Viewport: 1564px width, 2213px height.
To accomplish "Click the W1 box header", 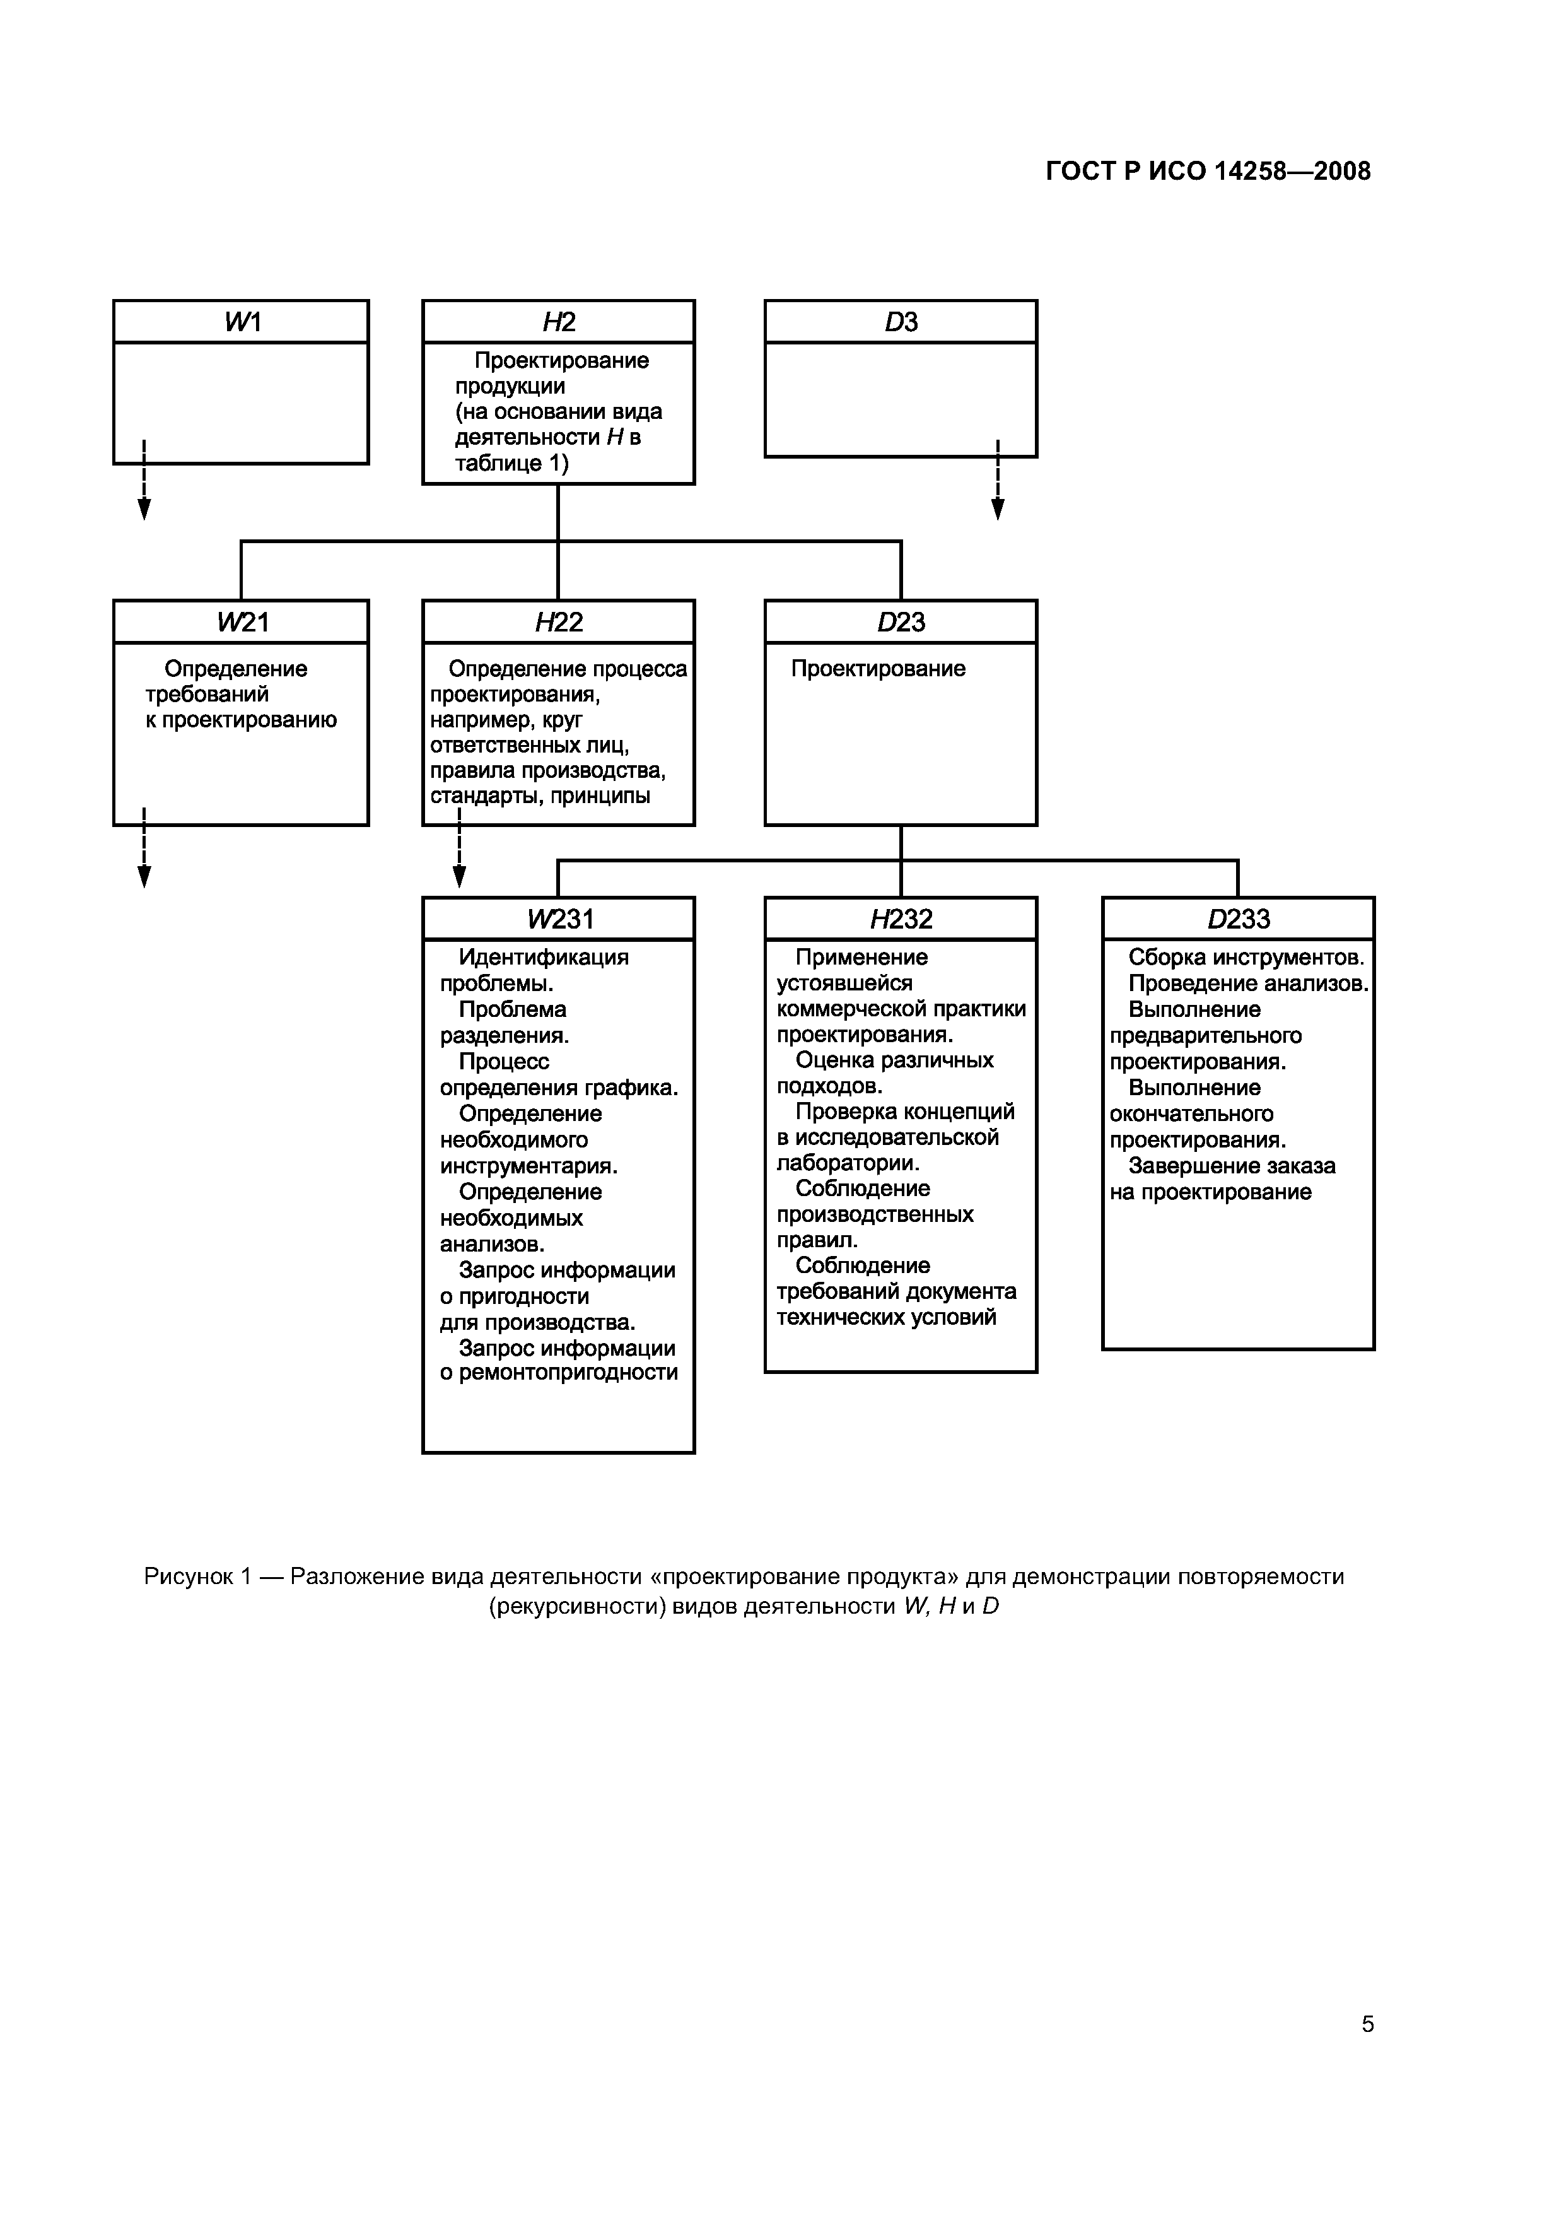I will (x=242, y=322).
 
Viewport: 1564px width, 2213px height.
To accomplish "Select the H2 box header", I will (x=558, y=322).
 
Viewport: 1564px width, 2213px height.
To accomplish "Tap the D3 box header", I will (x=901, y=322).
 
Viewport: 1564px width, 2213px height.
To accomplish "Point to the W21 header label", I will (x=242, y=623).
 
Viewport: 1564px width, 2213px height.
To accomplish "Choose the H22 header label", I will (x=558, y=623).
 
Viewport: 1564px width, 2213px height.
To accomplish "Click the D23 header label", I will (x=901, y=623).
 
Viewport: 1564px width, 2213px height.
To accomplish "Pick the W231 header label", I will (x=559, y=920).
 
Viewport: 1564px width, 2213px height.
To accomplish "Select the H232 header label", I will (x=901, y=920).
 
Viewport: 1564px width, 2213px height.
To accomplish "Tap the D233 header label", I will (x=1239, y=920).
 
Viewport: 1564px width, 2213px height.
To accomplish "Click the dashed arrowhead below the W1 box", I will (x=144, y=509).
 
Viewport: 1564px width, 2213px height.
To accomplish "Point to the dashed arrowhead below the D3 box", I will (x=998, y=509).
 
